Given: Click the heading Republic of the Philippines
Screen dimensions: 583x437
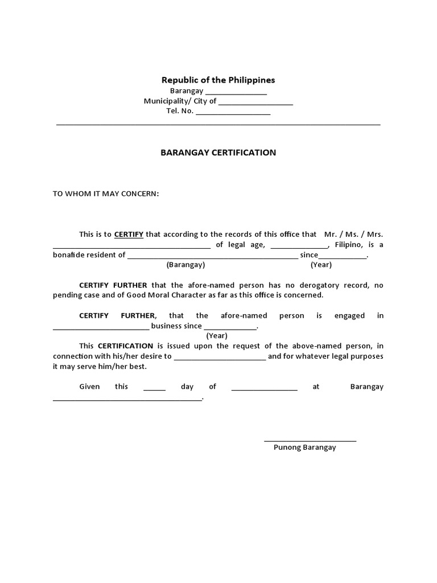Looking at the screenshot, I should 218,80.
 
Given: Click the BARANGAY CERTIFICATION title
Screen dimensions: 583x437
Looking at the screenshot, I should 218,153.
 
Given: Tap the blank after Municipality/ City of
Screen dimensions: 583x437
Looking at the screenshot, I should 255,104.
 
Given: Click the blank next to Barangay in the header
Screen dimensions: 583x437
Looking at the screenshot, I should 236,93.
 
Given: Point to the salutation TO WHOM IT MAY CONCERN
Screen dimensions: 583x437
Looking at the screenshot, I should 106,194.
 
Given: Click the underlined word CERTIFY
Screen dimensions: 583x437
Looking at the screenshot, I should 129,234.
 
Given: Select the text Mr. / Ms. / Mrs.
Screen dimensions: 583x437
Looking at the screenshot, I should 353,234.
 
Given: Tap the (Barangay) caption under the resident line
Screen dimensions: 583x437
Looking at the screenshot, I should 185,265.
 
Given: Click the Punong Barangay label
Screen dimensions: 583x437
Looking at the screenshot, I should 304,447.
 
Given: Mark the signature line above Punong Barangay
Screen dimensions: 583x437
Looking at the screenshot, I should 310,440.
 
